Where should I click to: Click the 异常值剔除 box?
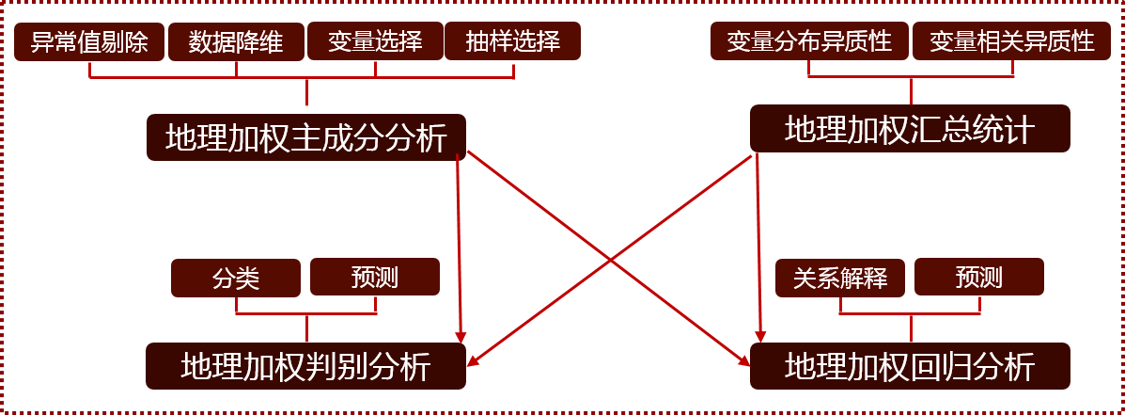tap(89, 42)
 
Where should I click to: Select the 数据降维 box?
tap(236, 42)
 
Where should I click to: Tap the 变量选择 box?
tap(375, 42)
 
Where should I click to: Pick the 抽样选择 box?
tap(512, 42)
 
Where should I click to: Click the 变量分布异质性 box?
tap(808, 42)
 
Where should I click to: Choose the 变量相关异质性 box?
tap(1012, 42)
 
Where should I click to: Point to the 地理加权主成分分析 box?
tap(306, 137)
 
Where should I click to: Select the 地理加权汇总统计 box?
tap(910, 129)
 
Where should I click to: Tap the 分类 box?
tap(236, 279)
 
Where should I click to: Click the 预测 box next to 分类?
tap(375, 278)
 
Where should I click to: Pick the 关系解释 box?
tap(840, 279)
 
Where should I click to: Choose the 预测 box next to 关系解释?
tap(979, 278)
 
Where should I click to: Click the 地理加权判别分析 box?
tap(306, 366)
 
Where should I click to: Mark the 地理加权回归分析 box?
tap(910, 366)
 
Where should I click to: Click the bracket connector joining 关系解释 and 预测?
tap(910, 313)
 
